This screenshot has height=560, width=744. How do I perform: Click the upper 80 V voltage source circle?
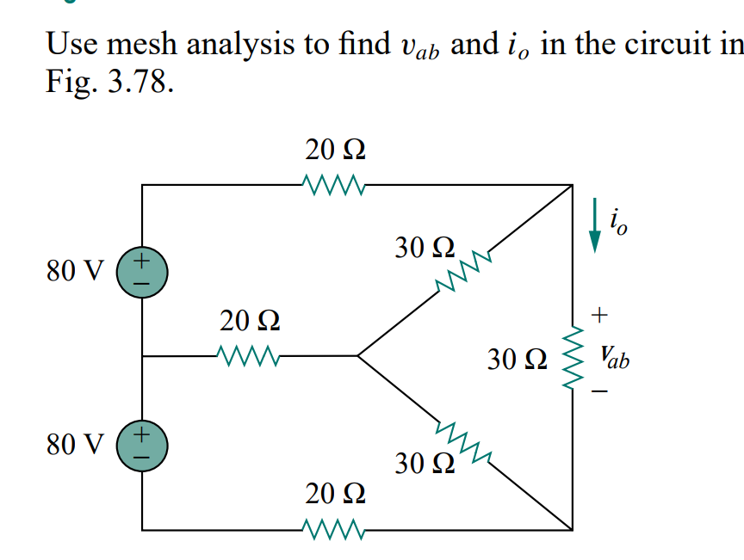142,269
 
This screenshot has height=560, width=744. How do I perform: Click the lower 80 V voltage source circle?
142,444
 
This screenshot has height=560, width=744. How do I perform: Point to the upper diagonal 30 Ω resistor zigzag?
463,272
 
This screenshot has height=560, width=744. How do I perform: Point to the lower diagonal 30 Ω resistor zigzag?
463,440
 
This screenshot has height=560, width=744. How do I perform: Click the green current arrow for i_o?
593,226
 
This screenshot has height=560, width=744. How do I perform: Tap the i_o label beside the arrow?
617,222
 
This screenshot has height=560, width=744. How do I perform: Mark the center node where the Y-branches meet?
357,354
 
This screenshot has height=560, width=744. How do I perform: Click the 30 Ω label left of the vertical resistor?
517,358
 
